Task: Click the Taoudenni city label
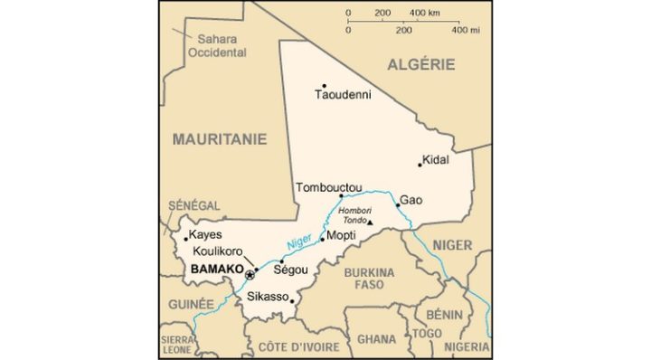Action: point(343,94)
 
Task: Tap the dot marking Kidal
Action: point(420,164)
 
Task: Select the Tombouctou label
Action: point(329,188)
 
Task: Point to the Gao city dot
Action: point(398,204)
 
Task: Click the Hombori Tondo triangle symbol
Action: point(369,223)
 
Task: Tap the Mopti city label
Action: point(341,235)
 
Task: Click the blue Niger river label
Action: point(299,244)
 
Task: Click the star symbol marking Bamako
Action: point(250,274)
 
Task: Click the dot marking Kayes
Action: point(186,239)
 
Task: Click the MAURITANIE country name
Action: point(220,139)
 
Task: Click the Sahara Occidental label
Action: point(217,45)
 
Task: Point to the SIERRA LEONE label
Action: point(176,344)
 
